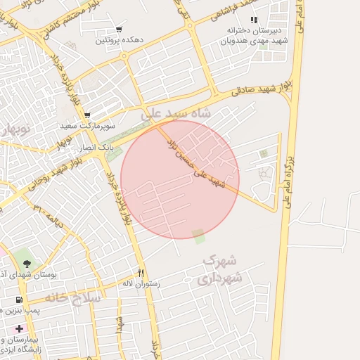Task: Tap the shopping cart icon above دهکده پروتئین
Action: pos(119,30)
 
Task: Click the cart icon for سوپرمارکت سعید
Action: pos(87,115)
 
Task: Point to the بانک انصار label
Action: pos(94,148)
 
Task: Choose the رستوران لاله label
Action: pos(141,283)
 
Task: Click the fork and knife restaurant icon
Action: pos(141,273)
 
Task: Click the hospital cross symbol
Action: pos(19,328)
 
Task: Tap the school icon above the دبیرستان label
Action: pos(254,20)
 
